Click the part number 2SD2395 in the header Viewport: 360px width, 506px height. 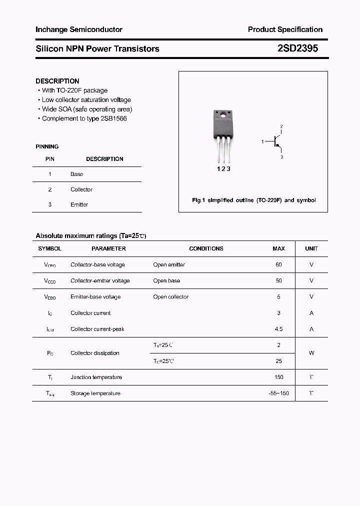tap(297, 48)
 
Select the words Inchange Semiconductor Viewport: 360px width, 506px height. tap(79, 29)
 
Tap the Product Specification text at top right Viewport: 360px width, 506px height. tap(285, 29)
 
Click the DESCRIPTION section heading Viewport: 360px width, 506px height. tap(57, 81)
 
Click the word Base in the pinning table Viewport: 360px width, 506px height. tap(77, 174)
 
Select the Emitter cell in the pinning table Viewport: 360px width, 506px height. tap(79, 204)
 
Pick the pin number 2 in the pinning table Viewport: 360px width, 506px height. tap(50, 189)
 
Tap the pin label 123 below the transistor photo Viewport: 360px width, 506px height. tap(223, 169)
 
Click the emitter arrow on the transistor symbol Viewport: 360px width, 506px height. tap(277, 145)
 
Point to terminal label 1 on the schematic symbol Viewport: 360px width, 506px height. tap(262, 142)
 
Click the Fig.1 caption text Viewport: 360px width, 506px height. tap(254, 200)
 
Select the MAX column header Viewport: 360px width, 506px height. tap(278, 248)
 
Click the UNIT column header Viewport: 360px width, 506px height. tap(311, 248)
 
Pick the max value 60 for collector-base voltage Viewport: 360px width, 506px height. tap(278, 264)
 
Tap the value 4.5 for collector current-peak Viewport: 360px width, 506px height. tap(278, 329)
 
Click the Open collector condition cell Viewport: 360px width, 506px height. tap(171, 297)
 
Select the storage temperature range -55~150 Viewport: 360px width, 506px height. tap(278, 393)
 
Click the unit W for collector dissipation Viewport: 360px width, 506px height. tap(311, 353)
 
